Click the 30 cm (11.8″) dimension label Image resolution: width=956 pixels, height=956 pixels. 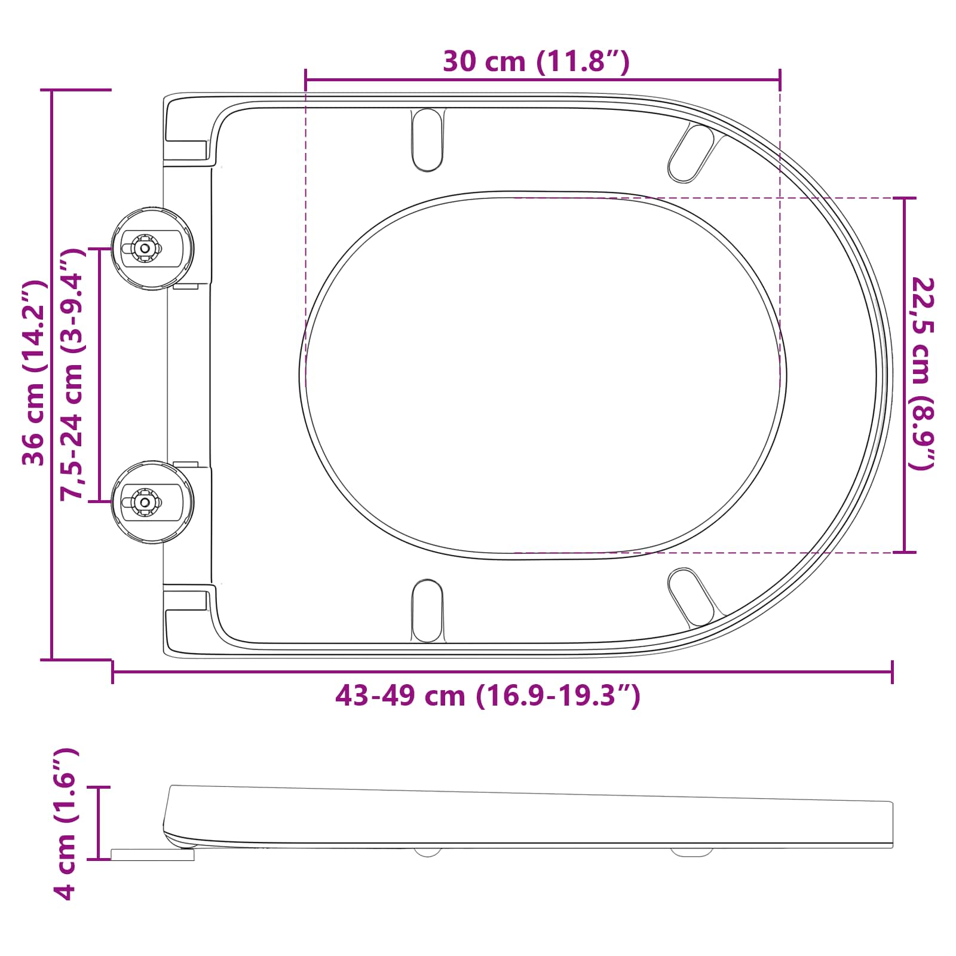pyautogui.click(x=536, y=61)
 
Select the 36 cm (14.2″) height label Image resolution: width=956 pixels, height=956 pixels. pyautogui.click(x=33, y=373)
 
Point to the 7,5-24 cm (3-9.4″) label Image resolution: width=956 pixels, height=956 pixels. pyautogui.click(x=73, y=373)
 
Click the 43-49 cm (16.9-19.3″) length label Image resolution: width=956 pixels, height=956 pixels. pyautogui.click(x=487, y=695)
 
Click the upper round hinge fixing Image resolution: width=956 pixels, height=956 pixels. pyautogui.click(x=153, y=249)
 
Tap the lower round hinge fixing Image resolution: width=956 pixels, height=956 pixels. pyautogui.click(x=153, y=502)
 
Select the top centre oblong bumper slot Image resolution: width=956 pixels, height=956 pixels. pyautogui.click(x=427, y=139)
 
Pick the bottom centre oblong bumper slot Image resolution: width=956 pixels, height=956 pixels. pyautogui.click(x=427, y=611)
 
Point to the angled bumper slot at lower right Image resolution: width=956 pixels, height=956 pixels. pyautogui.click(x=691, y=597)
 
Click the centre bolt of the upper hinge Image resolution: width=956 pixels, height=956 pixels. pyautogui.click(x=144, y=247)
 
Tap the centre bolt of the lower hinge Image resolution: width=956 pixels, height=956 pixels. pyautogui.click(x=144, y=502)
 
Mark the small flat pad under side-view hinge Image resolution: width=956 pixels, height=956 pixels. pyautogui.click(x=153, y=855)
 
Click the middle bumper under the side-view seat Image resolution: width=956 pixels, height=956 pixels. pyautogui.click(x=427, y=852)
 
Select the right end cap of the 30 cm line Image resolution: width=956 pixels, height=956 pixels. pyautogui.click(x=780, y=79)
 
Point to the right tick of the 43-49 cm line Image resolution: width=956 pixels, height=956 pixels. pyautogui.click(x=892, y=672)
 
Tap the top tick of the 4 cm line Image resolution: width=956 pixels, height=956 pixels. pyautogui.click(x=99, y=788)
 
